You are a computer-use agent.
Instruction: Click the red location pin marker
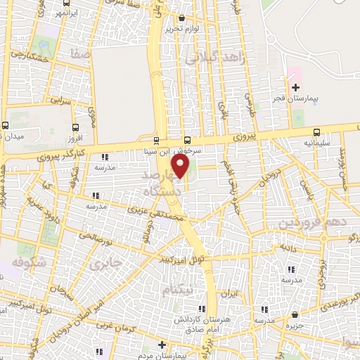pos(181,167)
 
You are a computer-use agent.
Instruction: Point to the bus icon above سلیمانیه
pos(316,131)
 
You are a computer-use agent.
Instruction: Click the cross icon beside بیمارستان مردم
pos(162,345)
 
